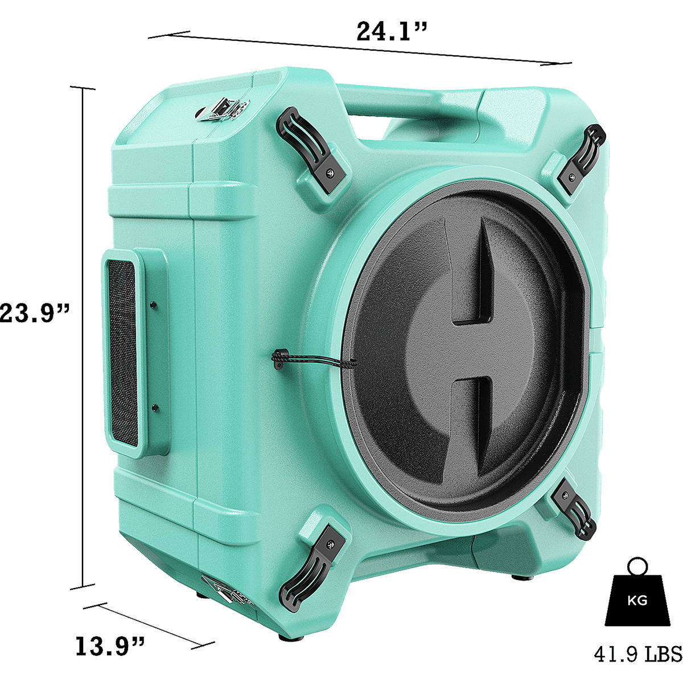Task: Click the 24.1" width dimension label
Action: pyautogui.click(x=391, y=31)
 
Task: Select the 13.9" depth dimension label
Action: pyautogui.click(x=110, y=645)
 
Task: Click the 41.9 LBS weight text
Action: pyautogui.click(x=638, y=654)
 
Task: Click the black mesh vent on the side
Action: pyautogui.click(x=122, y=352)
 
